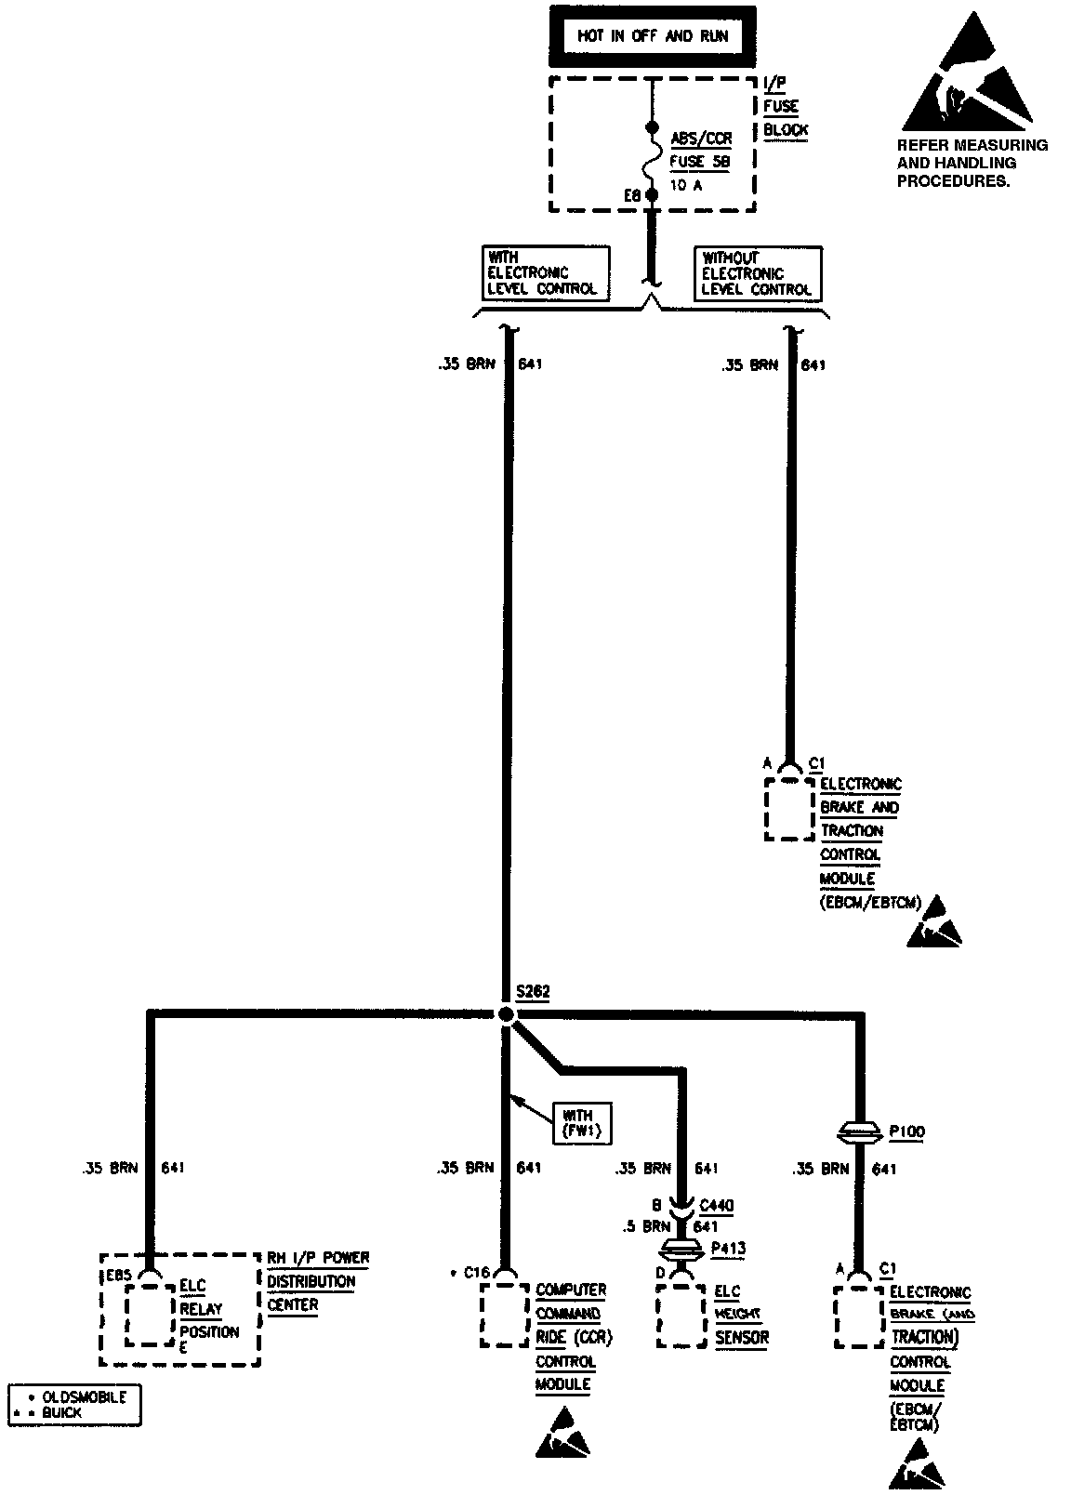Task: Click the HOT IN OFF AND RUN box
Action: [652, 37]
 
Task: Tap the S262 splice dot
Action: [506, 1014]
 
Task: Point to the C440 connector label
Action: [716, 1206]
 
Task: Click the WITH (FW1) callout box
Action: [583, 1123]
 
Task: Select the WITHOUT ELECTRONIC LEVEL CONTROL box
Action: [757, 273]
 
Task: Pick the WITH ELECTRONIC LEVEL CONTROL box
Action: [545, 272]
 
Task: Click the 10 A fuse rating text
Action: [686, 184]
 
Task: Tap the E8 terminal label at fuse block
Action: [632, 196]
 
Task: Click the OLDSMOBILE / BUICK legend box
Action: [74, 1404]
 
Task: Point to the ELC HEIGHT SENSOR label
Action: [741, 1315]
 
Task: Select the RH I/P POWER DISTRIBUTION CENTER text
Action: [318, 1281]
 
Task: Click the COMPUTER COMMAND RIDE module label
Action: [571, 1337]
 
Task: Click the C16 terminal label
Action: [478, 1273]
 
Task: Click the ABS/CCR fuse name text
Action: [701, 139]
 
